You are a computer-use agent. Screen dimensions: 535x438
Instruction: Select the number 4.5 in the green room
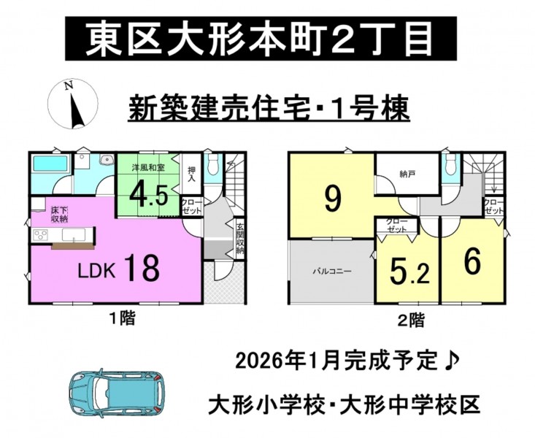click(x=148, y=194)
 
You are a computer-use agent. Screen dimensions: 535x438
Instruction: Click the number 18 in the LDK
click(x=142, y=268)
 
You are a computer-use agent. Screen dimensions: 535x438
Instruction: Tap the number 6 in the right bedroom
click(x=473, y=261)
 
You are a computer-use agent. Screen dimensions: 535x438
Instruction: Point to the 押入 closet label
click(x=191, y=174)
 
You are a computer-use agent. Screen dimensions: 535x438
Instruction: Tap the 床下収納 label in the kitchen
click(x=59, y=214)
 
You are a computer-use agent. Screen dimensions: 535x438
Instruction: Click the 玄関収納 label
click(x=240, y=238)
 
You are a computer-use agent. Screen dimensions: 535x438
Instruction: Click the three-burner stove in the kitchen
click(x=41, y=235)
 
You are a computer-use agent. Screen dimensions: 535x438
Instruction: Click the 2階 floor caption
click(x=412, y=320)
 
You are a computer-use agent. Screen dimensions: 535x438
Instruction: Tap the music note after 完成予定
click(x=453, y=360)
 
